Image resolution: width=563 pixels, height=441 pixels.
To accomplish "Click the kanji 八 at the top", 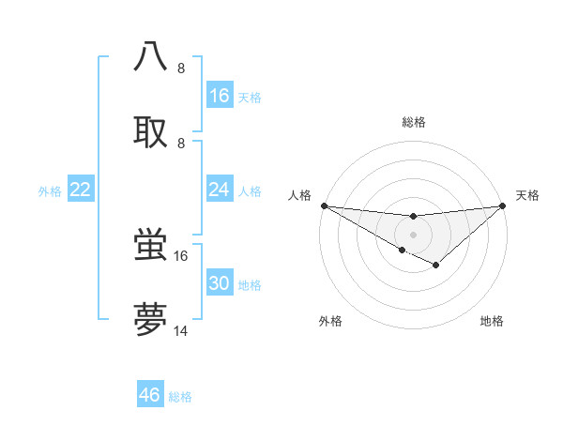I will point(151,56).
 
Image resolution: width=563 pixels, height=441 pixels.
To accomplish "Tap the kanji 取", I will point(151,131).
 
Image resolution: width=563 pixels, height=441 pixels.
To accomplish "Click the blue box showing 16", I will point(220,96).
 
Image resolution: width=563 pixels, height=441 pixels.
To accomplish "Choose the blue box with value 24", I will point(220,190).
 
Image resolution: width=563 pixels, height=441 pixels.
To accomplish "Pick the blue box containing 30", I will point(220,283).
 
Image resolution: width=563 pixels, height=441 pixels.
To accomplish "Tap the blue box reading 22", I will point(81,190).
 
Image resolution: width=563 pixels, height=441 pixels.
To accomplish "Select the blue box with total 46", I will point(150,395).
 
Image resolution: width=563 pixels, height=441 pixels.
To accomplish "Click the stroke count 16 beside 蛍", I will point(181,255).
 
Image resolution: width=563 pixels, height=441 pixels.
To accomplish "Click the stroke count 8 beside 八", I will point(181,68).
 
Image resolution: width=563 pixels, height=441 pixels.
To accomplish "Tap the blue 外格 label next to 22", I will point(50,191).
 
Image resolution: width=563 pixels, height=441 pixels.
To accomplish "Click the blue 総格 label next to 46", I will point(180,397).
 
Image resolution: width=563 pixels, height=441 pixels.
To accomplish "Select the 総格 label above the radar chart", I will point(413,122).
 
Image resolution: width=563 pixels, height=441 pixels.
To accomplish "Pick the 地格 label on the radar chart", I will point(492,321).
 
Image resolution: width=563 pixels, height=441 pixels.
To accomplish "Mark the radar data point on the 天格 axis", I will point(503,205).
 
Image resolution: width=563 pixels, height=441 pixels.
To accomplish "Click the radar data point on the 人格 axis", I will point(324,205).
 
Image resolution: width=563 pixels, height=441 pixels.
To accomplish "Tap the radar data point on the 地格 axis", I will point(436,266).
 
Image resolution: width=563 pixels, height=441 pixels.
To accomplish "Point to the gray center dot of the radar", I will point(413,234).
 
